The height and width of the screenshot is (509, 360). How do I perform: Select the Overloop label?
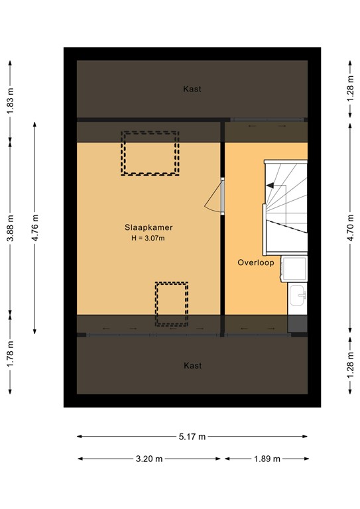(x=256, y=263)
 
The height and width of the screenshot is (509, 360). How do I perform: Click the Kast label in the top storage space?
(x=192, y=89)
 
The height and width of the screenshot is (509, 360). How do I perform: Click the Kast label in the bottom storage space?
(x=192, y=365)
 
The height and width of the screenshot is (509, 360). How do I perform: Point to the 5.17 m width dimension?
(x=192, y=436)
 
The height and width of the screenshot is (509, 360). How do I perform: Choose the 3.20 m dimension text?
(x=150, y=459)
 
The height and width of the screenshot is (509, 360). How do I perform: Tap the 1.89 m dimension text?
(x=266, y=459)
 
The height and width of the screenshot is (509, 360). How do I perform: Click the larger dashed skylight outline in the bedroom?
(x=150, y=153)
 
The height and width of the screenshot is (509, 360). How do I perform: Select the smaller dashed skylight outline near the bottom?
(x=172, y=304)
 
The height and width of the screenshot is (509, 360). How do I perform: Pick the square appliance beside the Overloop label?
(x=294, y=268)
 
